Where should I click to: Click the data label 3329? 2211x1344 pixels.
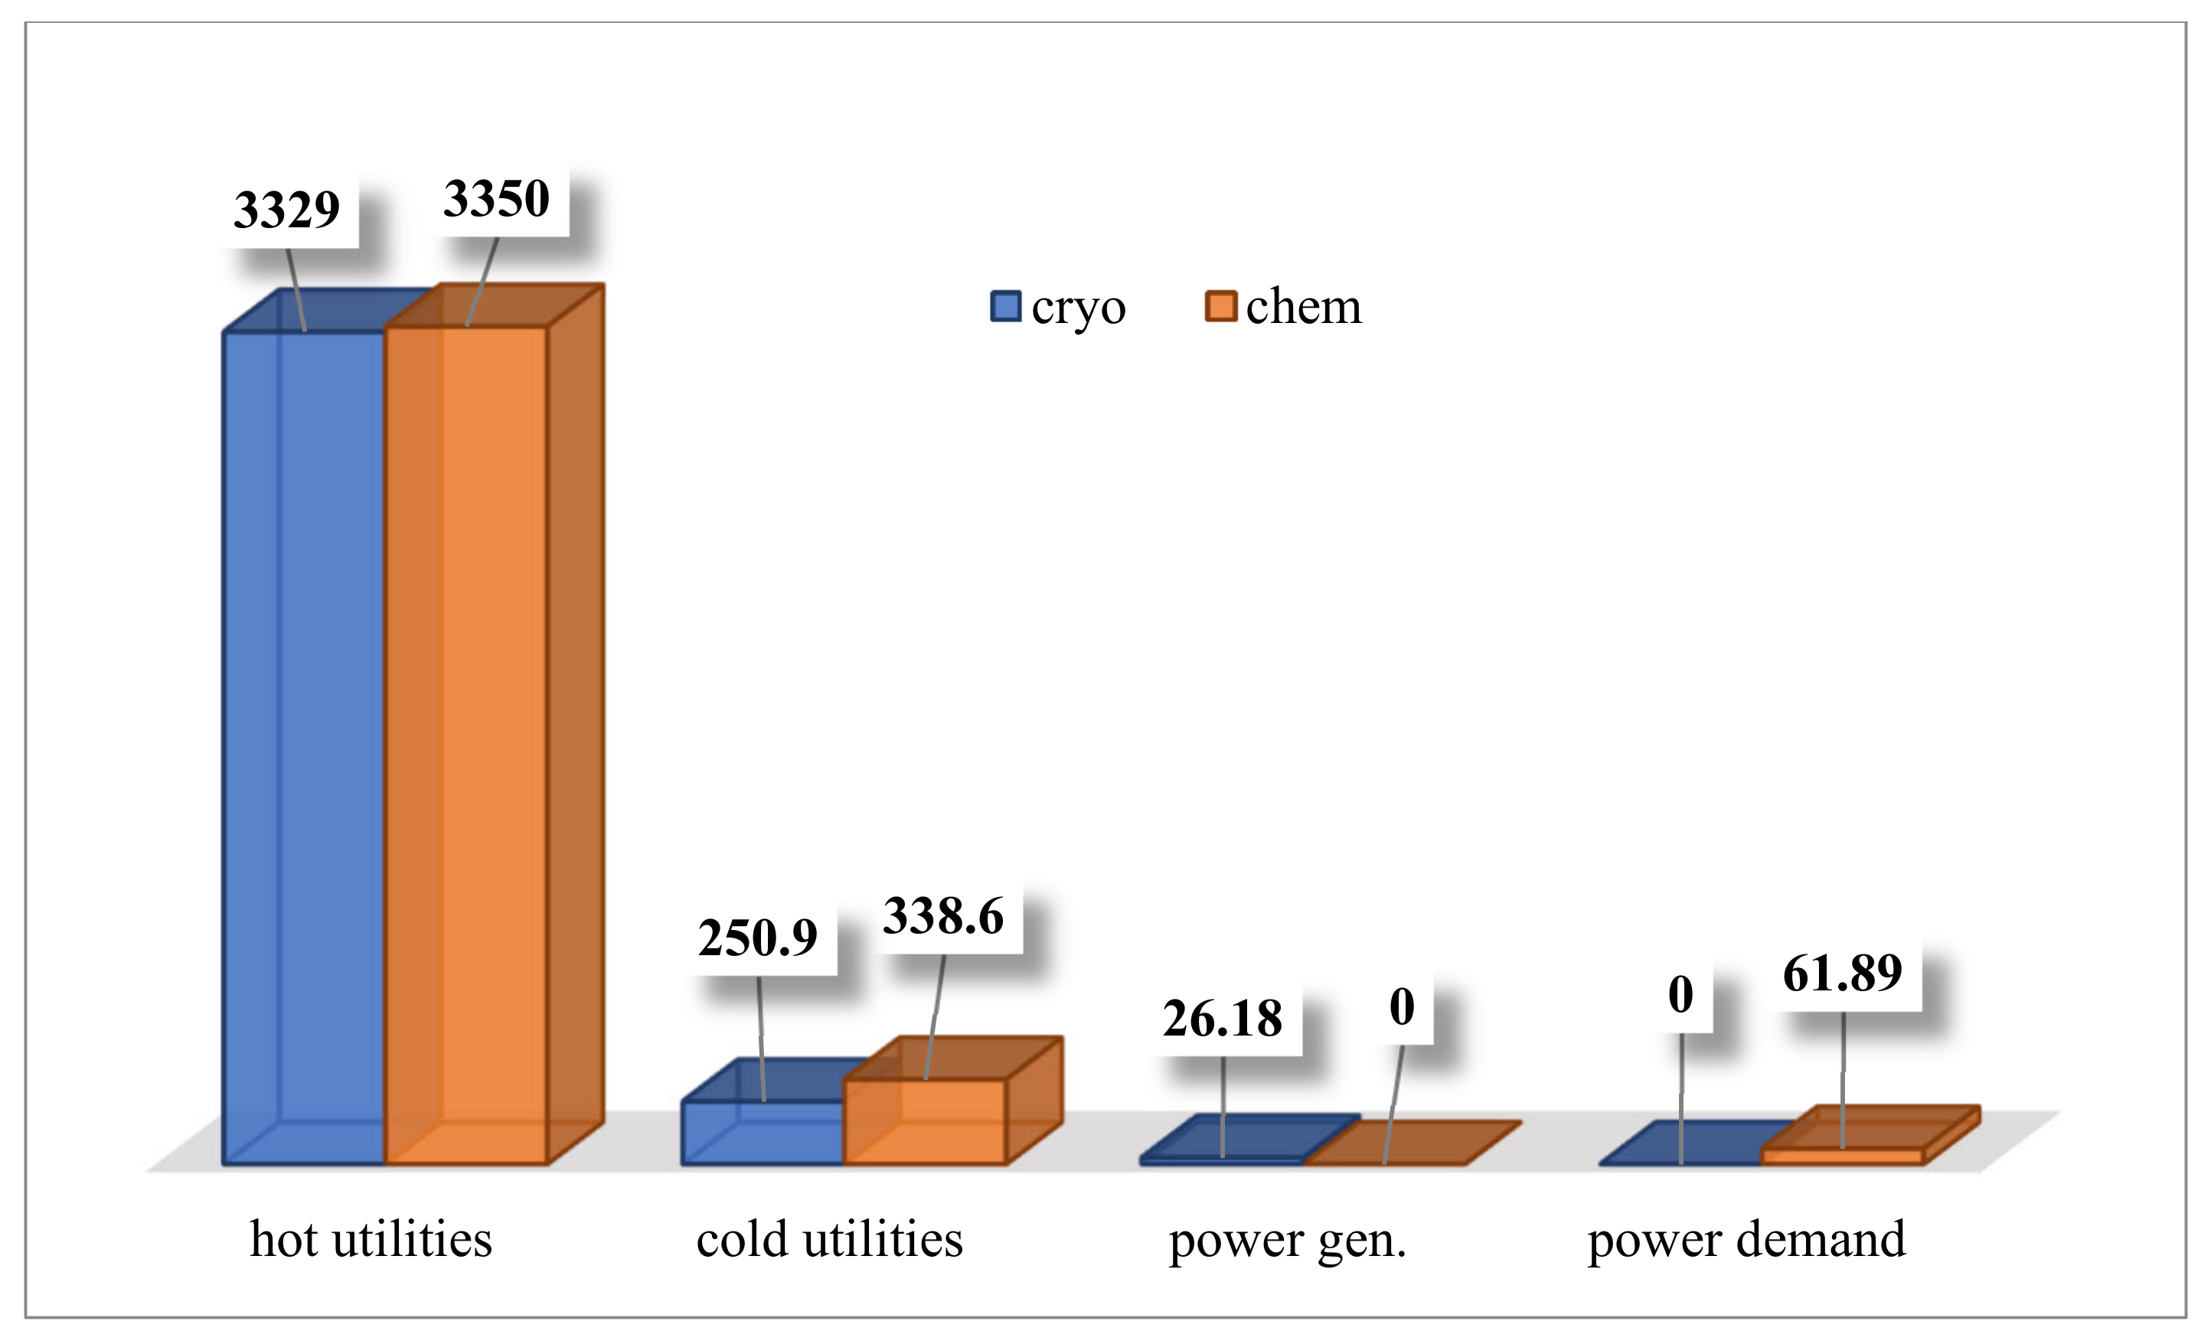point(286,210)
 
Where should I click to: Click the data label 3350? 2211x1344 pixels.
point(496,199)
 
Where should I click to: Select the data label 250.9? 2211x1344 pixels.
point(758,938)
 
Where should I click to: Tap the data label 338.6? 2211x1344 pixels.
point(943,916)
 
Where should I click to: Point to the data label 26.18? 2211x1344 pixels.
point(1222,1018)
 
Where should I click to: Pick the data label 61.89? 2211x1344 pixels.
point(1842,973)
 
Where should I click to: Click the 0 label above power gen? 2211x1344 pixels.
point(1402,1006)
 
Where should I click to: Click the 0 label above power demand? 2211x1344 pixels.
point(1680,994)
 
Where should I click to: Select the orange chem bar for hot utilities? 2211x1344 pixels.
point(466,745)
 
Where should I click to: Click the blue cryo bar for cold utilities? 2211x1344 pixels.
point(763,1132)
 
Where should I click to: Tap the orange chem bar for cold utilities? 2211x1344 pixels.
point(925,1121)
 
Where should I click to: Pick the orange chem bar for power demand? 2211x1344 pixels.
point(1843,1156)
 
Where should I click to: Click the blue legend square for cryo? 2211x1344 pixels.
point(1005,306)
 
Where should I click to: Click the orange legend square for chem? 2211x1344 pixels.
point(1220,306)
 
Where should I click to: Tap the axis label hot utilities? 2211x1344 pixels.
point(371,1240)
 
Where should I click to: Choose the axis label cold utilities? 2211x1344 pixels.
point(829,1240)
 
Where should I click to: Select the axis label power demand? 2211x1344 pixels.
point(1746,1240)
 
